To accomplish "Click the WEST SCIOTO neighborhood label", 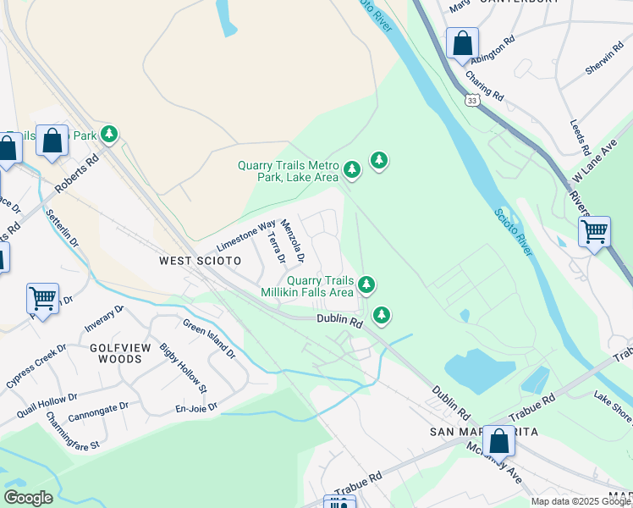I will point(201,261).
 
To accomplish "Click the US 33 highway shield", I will point(470,100).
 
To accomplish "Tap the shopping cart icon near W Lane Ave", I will point(594,230).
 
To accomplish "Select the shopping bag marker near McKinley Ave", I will point(498,440).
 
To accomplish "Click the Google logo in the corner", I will point(28,498).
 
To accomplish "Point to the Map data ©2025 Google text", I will point(581,501).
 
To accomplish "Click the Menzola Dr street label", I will point(294,240).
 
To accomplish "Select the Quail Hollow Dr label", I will point(47,406).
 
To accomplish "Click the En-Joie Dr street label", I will point(196,407).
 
